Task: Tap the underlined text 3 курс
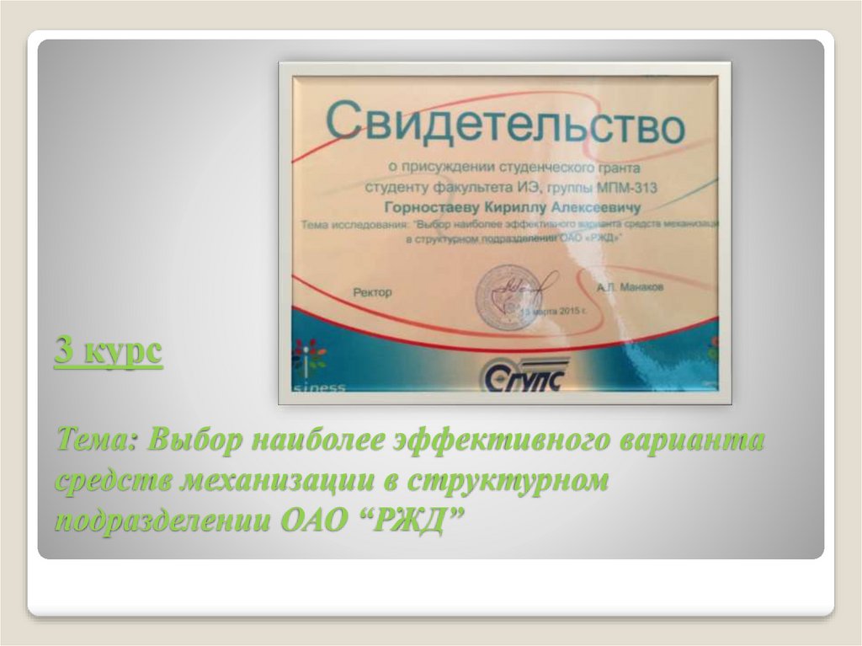pyautogui.click(x=109, y=350)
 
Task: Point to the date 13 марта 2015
pyautogui.click(x=547, y=312)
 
